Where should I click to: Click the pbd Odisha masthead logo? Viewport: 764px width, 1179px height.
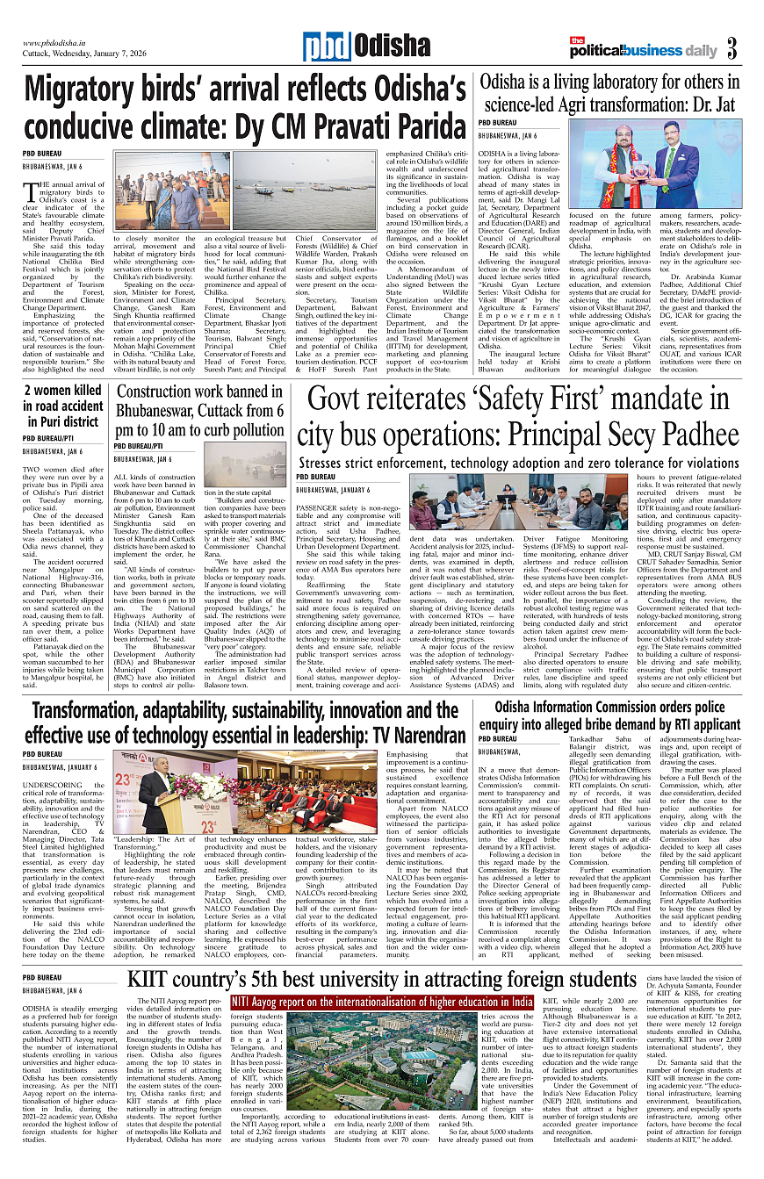point(351,47)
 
